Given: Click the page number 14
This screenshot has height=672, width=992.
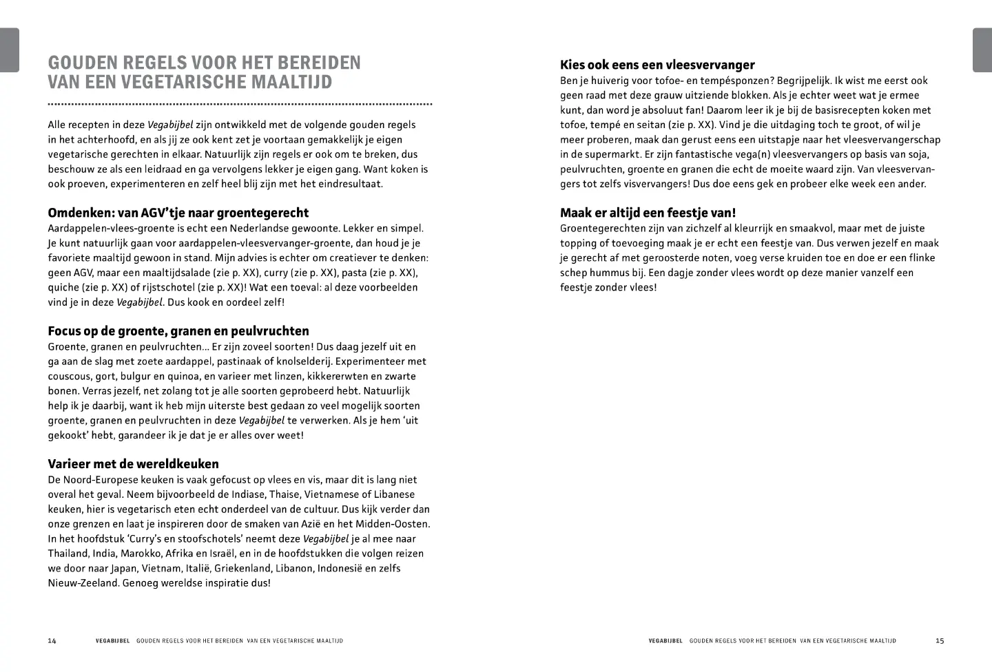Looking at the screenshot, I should point(52,641).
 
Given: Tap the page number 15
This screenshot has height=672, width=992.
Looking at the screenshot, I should point(940,641).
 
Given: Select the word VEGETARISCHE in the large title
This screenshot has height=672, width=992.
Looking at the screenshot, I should point(186,82).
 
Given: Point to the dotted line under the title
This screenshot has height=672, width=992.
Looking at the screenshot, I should point(240,105).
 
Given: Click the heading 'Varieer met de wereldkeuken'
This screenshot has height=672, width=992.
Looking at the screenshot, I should point(133,464).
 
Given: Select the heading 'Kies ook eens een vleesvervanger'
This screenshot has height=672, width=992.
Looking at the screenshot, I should point(657,65).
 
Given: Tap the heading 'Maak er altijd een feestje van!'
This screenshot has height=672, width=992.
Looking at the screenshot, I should point(648,213).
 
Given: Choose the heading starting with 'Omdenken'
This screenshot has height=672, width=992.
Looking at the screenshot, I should point(178,213).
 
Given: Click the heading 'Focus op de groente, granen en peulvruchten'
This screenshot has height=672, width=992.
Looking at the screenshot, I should point(178,331).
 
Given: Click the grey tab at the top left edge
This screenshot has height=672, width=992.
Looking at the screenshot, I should point(9,50).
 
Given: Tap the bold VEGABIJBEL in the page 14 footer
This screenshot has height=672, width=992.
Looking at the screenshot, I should point(112,641).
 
